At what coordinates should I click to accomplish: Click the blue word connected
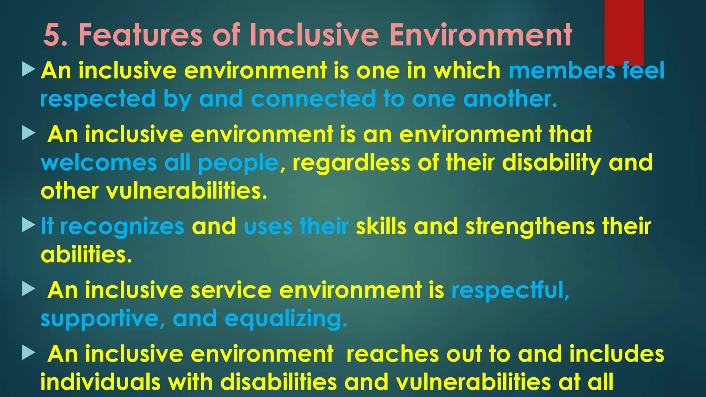313,99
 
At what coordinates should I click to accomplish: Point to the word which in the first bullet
467,71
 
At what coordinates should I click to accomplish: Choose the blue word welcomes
99,163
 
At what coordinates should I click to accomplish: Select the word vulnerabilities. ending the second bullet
186,191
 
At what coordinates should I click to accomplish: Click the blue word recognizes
122,227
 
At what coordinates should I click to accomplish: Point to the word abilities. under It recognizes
86,255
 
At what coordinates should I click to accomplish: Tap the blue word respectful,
510,290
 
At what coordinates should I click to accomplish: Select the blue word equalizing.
286,319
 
